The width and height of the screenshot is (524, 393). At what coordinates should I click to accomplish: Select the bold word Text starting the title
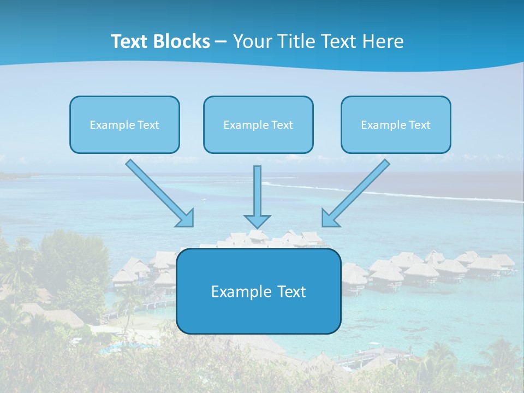pos(130,41)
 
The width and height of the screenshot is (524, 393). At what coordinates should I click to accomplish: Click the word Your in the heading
pos(252,41)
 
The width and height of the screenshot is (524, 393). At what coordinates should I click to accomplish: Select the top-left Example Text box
pos(124,124)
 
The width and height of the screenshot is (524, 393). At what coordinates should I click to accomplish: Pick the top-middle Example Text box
pos(258,124)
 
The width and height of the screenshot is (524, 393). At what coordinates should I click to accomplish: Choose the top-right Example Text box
pos(396,124)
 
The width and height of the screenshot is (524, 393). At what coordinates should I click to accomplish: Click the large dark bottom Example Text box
pos(259,291)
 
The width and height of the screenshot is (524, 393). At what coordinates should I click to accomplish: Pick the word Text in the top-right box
pos(419,125)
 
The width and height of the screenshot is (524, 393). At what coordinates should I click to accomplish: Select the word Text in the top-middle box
pos(282,125)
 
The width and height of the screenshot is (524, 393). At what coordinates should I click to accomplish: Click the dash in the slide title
pos(221,41)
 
